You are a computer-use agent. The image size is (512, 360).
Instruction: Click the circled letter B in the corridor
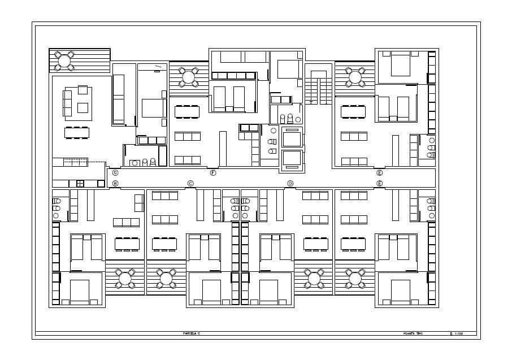pyautogui.click(x=115, y=183)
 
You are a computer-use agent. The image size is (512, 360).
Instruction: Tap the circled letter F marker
pyautogui.click(x=213, y=173)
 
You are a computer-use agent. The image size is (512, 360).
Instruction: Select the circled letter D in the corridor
pyautogui.click(x=290, y=183)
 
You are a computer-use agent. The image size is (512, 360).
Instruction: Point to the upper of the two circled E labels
pyautogui.click(x=380, y=173)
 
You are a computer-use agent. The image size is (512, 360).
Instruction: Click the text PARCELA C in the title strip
pyautogui.click(x=192, y=334)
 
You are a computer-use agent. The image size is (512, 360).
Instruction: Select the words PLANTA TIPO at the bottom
pyautogui.click(x=413, y=334)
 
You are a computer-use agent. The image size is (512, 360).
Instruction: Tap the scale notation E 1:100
pyautogui.click(x=456, y=334)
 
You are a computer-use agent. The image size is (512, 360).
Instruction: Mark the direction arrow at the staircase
pyautogui.click(x=311, y=102)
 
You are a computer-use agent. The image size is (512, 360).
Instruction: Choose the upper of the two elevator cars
pyautogui.click(x=292, y=137)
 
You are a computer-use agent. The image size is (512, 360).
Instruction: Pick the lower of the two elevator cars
pyautogui.click(x=292, y=159)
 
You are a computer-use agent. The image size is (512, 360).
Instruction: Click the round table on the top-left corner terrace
pyautogui.click(x=64, y=60)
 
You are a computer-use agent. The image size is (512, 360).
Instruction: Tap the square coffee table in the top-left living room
pyautogui.click(x=83, y=107)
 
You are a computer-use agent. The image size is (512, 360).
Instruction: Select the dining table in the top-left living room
pyautogui.click(x=77, y=133)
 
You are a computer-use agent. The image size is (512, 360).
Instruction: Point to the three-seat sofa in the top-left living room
pyautogui.click(x=68, y=103)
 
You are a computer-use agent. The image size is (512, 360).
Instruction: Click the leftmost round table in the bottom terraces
pyautogui.click(x=125, y=278)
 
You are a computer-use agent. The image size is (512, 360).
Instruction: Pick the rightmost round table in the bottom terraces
pyautogui.click(x=355, y=278)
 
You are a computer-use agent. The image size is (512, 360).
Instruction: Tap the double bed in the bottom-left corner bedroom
pyautogui.click(x=80, y=291)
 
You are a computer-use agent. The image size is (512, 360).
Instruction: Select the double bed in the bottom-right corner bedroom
pyautogui.click(x=400, y=291)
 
